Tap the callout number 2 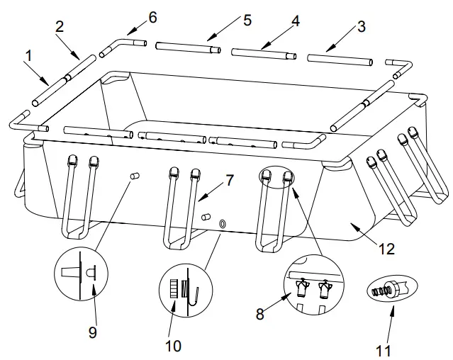point(59,28)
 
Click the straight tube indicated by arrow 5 point(188,48)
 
